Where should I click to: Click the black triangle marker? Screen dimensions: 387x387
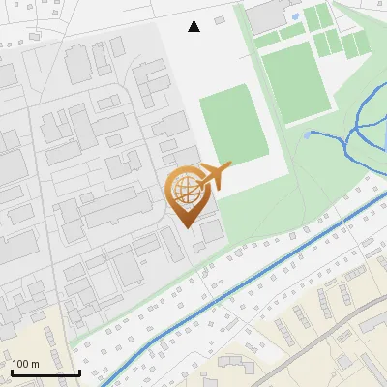pos(194,26)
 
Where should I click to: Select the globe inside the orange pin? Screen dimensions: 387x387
pos(187,190)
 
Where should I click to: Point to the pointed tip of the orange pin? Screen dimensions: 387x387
pos(187,227)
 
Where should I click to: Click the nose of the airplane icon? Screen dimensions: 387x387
pos(230,166)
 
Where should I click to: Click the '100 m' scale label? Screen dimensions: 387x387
pos(25,364)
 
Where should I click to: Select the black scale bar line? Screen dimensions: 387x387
pos(45,372)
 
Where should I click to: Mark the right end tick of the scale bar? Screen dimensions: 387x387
pos(79,371)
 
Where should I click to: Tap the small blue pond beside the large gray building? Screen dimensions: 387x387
pos(296,16)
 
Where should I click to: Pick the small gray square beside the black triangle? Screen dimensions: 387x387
pos(220,19)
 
